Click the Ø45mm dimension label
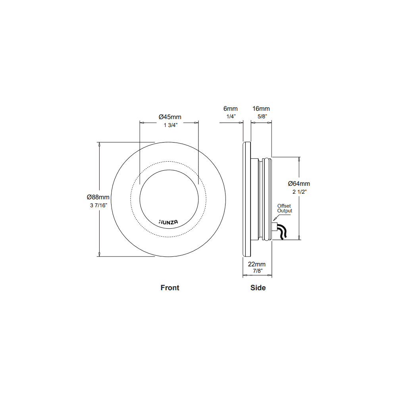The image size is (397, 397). point(170,117)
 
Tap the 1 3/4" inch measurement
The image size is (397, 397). point(170,125)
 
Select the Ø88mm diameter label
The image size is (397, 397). point(98,197)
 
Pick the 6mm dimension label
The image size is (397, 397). point(231,108)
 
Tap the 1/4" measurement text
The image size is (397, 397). point(231,116)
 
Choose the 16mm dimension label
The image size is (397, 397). point(261,108)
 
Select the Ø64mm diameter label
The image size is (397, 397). point(299,183)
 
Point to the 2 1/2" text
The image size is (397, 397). point(299,191)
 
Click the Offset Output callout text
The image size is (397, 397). point(284,208)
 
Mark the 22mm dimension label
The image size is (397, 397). point(257,264)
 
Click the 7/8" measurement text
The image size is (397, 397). point(257,271)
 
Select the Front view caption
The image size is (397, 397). point(170,288)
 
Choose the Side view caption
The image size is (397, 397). point(258,288)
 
